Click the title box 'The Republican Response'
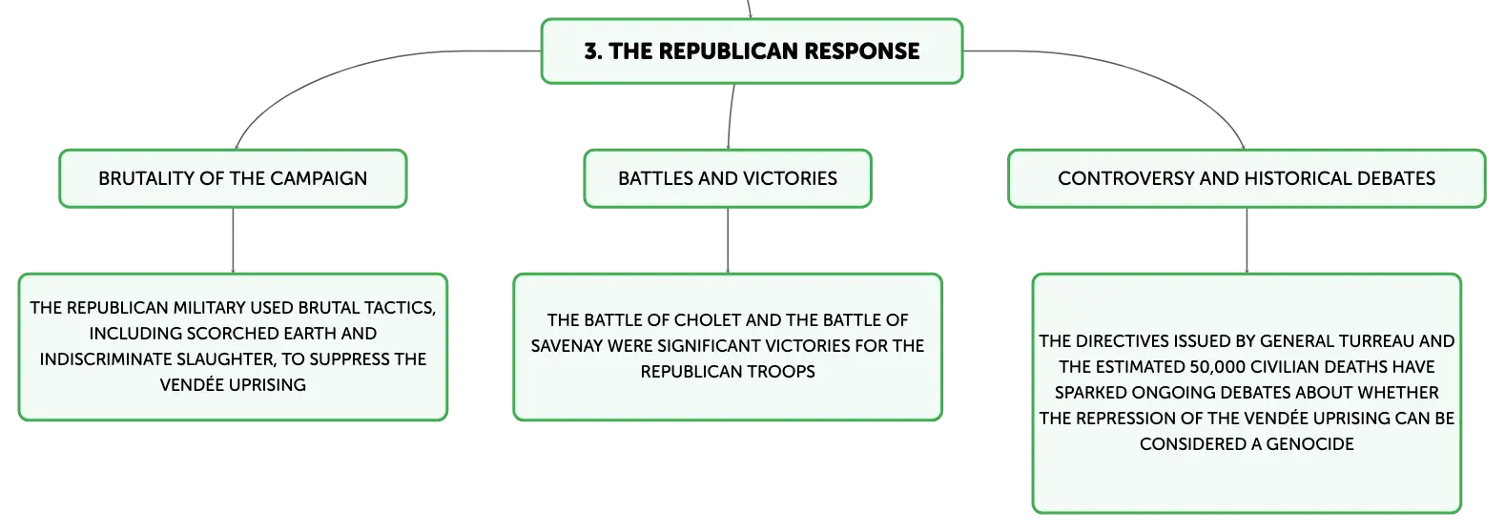(752, 51)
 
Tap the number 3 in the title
(591, 51)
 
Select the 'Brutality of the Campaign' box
(233, 178)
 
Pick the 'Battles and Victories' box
(728, 178)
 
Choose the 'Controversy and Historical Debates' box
(1247, 178)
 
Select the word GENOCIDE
(1310, 444)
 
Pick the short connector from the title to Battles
(731, 116)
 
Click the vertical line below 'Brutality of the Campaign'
(233, 240)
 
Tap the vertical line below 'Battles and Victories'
(728, 240)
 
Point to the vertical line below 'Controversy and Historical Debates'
(1247, 240)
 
